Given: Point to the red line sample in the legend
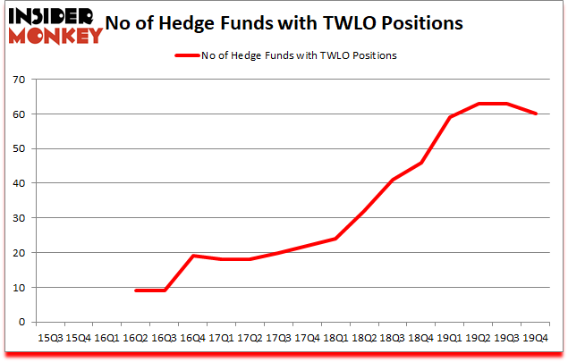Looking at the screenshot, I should click(x=189, y=55).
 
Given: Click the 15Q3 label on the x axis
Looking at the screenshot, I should click(x=50, y=338).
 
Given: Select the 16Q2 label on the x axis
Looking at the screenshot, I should click(x=135, y=338).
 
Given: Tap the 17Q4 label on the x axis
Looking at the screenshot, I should click(x=306, y=338).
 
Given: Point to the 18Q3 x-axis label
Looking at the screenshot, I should click(x=391, y=338).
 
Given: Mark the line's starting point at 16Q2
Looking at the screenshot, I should click(x=136, y=290).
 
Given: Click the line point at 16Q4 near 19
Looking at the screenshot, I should click(x=193, y=256).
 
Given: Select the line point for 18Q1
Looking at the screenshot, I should click(x=335, y=239).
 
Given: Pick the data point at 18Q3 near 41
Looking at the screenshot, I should click(x=392, y=180).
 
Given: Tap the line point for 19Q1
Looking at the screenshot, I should click(x=449, y=117).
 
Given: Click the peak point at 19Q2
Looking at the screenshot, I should click(x=478, y=104).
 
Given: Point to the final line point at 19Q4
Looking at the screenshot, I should click(x=534, y=114).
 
